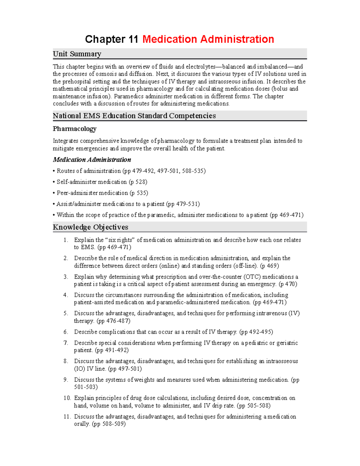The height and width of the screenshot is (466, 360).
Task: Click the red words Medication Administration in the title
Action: [208, 39]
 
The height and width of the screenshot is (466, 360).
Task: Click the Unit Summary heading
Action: [77, 54]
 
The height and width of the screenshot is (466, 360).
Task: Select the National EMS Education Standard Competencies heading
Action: [134, 116]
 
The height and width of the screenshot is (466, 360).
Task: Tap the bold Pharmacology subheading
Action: [74, 129]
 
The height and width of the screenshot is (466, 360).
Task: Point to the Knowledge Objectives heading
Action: [90, 227]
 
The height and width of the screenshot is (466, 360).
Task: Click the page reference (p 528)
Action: [138, 182]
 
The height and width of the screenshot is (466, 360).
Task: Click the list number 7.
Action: [65, 343]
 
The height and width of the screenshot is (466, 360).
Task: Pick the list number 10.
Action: [67, 398]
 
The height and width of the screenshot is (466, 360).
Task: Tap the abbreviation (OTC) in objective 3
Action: [254, 277]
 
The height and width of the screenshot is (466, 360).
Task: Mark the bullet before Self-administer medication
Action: [54, 182]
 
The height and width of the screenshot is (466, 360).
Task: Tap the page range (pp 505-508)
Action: [253, 405]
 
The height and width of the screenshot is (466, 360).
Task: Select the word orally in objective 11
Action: [82, 424]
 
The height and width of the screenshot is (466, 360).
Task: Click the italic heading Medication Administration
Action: [92, 160]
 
